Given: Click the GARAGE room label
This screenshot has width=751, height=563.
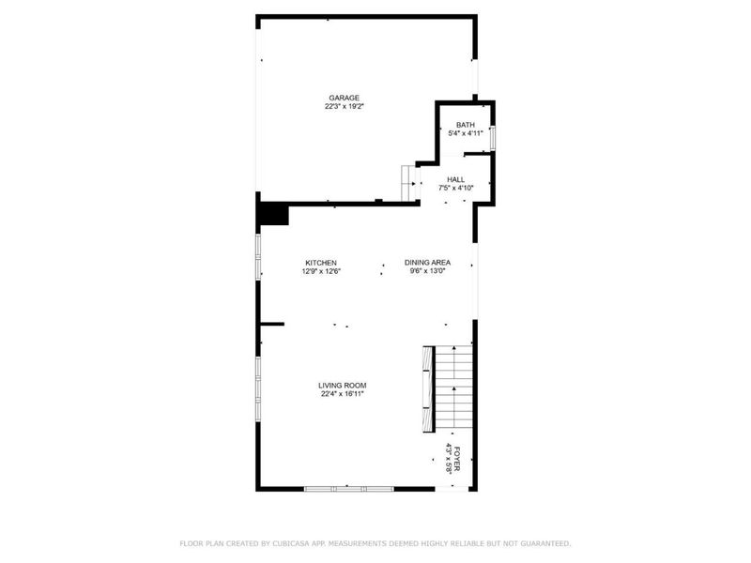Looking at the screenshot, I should [x=344, y=98].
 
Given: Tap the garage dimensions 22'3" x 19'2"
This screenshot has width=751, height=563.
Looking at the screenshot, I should [x=344, y=106].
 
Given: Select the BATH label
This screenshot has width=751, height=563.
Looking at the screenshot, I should [x=466, y=125].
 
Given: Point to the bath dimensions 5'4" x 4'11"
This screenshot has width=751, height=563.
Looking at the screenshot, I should [x=466, y=133].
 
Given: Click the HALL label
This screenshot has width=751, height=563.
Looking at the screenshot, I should [x=455, y=179].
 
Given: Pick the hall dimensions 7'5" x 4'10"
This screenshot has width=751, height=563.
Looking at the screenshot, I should [x=456, y=188].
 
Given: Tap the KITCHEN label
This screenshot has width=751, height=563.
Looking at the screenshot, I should [x=321, y=263].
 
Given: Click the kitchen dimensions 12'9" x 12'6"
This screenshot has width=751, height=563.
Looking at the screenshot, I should [x=321, y=271].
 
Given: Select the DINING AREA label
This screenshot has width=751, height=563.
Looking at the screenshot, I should [x=428, y=263].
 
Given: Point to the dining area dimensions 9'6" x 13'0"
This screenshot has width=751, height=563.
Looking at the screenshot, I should [x=428, y=271].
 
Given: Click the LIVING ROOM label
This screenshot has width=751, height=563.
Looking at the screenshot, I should [x=342, y=386].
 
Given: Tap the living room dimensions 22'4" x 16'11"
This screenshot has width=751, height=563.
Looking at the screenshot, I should [x=342, y=394].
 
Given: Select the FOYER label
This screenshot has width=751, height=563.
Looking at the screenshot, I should [x=458, y=459].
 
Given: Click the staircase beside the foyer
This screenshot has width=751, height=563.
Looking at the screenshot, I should [x=452, y=389].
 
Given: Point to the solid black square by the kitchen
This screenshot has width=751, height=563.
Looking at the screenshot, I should [x=272, y=215].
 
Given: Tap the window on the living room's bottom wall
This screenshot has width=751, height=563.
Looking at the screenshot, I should [x=348, y=488].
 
